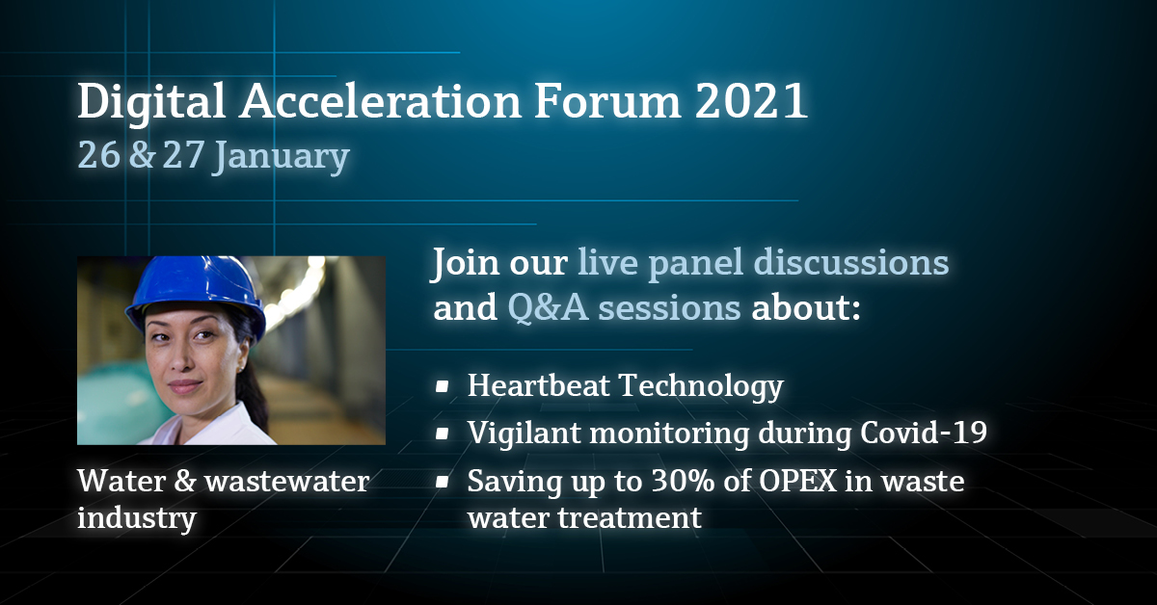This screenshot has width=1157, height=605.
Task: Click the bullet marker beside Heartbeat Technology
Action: pyautogui.click(x=442, y=387)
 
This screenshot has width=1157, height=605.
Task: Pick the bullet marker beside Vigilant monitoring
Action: pyautogui.click(x=442, y=434)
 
